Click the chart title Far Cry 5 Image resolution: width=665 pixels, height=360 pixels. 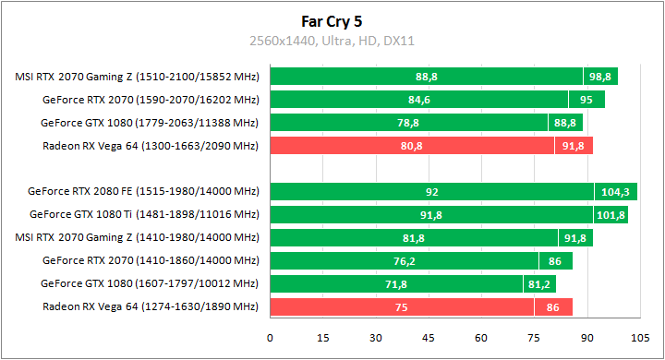coord(332,19)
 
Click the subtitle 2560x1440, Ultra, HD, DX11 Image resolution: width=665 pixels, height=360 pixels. coord(332,41)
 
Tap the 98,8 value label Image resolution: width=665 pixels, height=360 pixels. coord(600,77)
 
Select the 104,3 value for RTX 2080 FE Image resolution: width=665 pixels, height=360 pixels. coord(614,192)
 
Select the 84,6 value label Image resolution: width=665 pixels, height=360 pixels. coord(419,100)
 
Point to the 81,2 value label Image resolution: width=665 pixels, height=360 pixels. coord(538,284)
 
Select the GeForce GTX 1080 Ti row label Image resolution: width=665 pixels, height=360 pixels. coord(145,215)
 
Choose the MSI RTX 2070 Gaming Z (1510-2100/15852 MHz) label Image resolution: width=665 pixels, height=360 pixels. coord(138,77)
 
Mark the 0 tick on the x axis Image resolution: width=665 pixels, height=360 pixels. coord(270,338)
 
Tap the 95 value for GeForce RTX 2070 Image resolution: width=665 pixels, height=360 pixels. coord(586,100)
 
